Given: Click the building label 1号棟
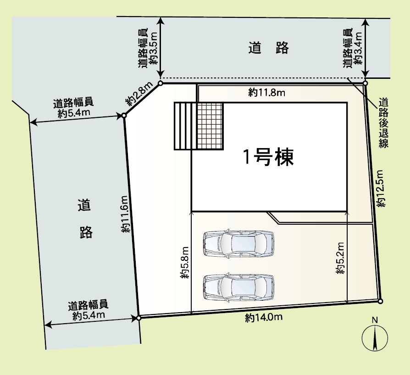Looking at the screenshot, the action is [269, 157].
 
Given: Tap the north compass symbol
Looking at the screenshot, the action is [375, 336].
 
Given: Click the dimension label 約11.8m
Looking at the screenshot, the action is [266, 93].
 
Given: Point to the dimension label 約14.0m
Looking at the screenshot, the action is [264, 318].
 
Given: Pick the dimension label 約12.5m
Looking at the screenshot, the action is [381, 188].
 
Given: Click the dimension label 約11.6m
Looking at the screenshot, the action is [124, 214].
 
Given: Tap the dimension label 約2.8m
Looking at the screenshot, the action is [140, 94].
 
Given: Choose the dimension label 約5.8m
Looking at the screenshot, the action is [185, 262].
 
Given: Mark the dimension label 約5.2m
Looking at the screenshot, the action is [340, 258].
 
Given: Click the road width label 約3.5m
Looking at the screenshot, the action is [153, 48].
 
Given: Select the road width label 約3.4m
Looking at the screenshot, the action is [358, 48].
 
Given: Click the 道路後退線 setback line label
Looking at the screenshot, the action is [383, 122].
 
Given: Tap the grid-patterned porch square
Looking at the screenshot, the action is [210, 126].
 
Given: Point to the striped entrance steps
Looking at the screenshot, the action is [185, 126].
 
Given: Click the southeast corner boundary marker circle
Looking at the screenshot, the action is [381, 301].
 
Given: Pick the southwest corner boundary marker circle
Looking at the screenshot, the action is [139, 318].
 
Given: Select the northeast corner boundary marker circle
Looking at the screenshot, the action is [366, 83].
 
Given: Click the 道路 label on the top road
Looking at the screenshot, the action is [269, 48].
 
